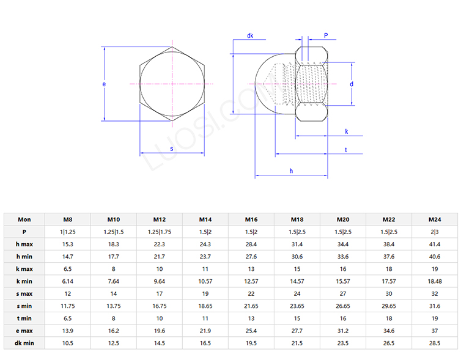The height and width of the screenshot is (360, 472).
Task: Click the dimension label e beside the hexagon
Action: [104, 83]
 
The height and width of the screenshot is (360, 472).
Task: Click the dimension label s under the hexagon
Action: [171, 148]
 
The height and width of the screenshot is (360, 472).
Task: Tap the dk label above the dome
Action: [250, 36]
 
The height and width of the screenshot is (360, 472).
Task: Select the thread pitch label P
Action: [326, 36]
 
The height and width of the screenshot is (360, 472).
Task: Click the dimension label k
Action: [346, 131]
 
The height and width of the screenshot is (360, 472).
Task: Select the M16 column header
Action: [251, 219]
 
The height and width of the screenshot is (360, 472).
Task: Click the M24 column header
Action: [435, 219]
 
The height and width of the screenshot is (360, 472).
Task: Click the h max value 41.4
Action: [435, 244]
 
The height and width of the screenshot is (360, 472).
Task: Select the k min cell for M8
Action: [67, 281]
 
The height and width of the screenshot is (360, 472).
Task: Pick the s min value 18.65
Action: [205, 306]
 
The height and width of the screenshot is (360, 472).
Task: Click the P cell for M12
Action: [160, 232]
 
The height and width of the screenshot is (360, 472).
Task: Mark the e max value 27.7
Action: [297, 331]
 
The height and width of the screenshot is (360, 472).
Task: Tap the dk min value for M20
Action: [343, 343]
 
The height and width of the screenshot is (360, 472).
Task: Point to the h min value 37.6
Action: [389, 257]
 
